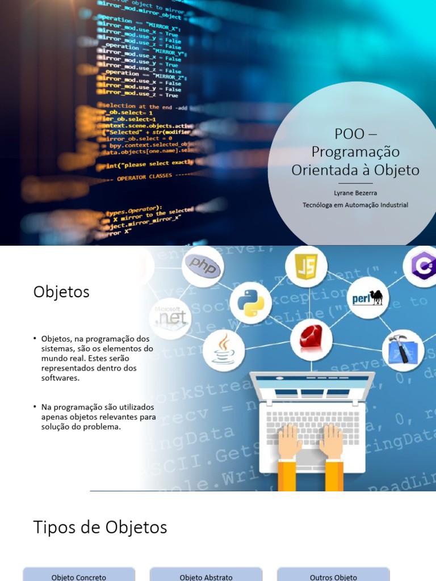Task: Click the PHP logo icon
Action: [x=203, y=266]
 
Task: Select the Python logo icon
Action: [x=251, y=303]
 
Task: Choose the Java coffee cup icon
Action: [x=223, y=348]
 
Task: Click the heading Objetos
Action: [x=61, y=292]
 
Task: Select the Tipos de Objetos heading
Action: [x=100, y=527]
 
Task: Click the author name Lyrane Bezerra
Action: [x=355, y=193]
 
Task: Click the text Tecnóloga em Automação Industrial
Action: [x=355, y=205]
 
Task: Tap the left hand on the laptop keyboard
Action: [x=290, y=440]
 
